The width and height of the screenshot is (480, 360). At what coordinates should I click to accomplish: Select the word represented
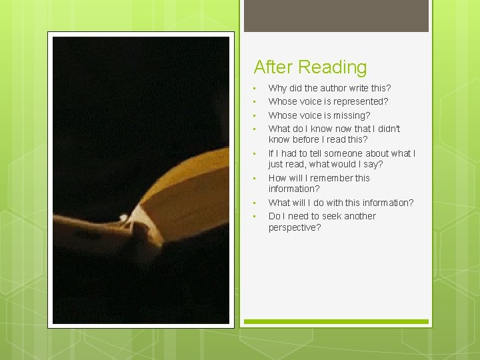pyautogui.click(x=358, y=101)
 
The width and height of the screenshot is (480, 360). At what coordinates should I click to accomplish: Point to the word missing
pyautogui.click(x=352, y=115)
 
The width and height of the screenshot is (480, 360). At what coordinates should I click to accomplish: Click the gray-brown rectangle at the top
pyautogui.click(x=336, y=16)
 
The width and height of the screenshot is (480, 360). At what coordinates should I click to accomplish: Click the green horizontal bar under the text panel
pyautogui.click(x=336, y=322)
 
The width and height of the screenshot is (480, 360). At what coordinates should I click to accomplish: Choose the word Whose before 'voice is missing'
pyautogui.click(x=282, y=115)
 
